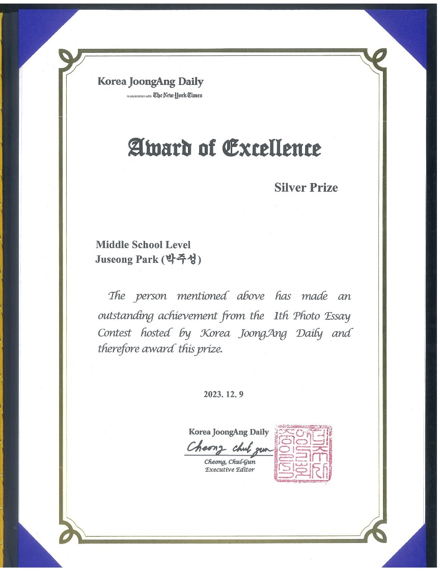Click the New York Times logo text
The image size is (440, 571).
coord(178,95)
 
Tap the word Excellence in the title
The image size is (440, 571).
coord(272,148)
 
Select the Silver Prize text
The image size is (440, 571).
coord(306,188)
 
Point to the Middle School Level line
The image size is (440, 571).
coord(143,245)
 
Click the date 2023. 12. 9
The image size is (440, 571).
coord(224,394)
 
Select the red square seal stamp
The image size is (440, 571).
coord(304,453)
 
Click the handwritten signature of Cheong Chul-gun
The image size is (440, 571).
coord(228,448)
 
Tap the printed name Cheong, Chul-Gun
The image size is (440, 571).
coord(230,462)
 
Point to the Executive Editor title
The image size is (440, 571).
coord(229,469)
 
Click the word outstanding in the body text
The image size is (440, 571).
coord(126,316)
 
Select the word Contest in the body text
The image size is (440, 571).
coord(115,334)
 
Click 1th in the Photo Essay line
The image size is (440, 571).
coord(282,316)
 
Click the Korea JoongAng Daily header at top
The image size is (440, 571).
coord(150,81)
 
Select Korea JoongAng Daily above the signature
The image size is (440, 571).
coord(229,432)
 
